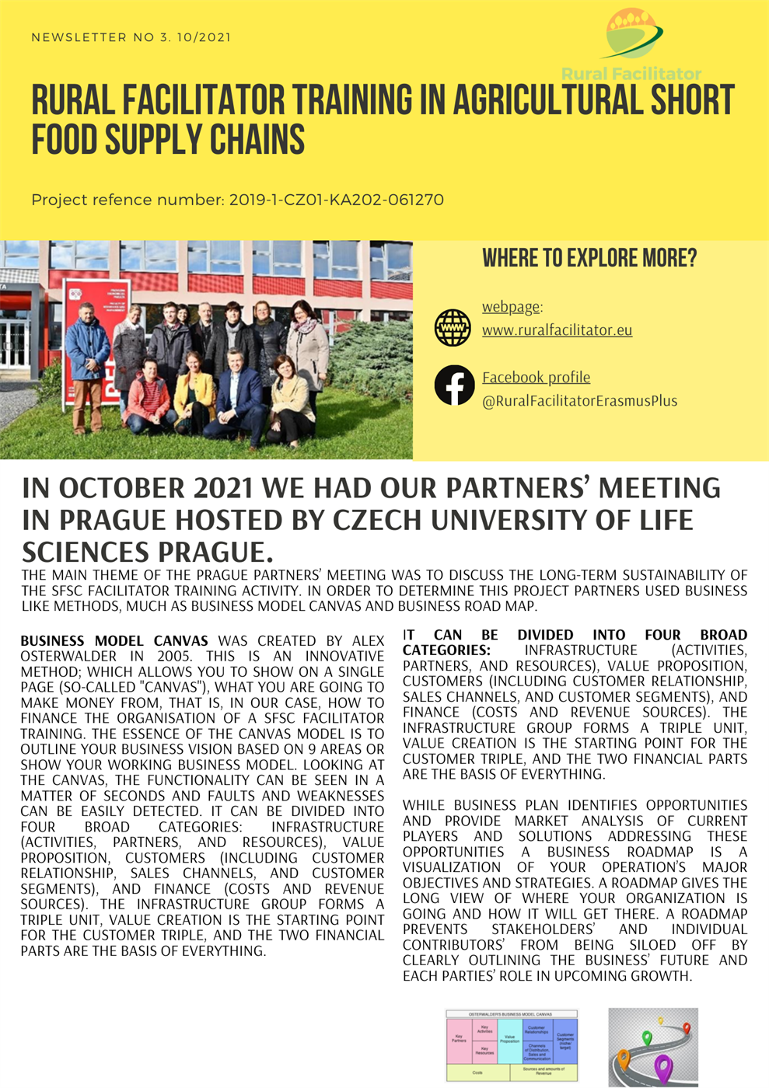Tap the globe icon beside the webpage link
[x=453, y=327]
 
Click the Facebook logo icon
[x=454, y=385]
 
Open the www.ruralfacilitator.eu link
[x=557, y=330]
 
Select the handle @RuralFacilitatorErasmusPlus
[x=579, y=401]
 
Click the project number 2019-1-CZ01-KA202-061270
[x=336, y=200]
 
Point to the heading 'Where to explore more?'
[x=589, y=258]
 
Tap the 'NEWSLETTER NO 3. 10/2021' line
[x=131, y=37]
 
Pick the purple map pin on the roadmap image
[x=662, y=1067]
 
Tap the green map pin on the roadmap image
[x=646, y=1038]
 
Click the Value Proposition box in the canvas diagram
[x=509, y=1040]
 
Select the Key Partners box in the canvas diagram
[x=459, y=1039]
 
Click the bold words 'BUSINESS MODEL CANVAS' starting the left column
[x=114, y=641]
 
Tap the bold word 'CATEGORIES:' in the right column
[x=446, y=650]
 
